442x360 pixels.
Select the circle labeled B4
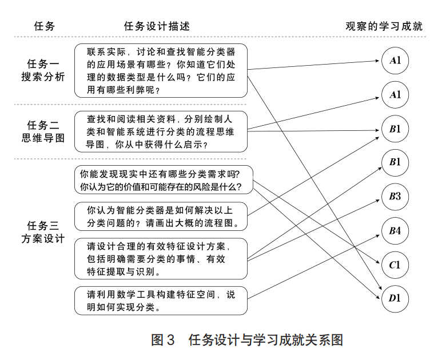(395, 231)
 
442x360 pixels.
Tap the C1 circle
(395, 265)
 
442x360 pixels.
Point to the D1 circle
(395, 298)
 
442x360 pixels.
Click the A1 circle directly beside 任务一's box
(395, 61)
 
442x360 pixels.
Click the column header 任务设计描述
(156, 26)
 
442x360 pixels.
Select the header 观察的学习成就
(384, 26)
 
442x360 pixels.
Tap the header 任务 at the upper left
(45, 26)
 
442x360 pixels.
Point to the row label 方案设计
(43, 238)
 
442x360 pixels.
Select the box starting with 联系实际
(161, 70)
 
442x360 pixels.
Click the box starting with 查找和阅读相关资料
(161, 131)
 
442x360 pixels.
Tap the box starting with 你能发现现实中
(161, 180)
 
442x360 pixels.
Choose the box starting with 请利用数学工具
(161, 301)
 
